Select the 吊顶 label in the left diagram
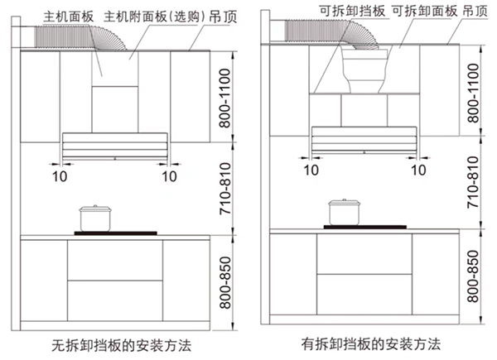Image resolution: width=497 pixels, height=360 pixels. click(200, 15)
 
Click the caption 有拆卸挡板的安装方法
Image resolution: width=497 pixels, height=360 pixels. click(371, 342)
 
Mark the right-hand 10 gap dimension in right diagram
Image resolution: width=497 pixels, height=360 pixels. click(420, 170)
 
